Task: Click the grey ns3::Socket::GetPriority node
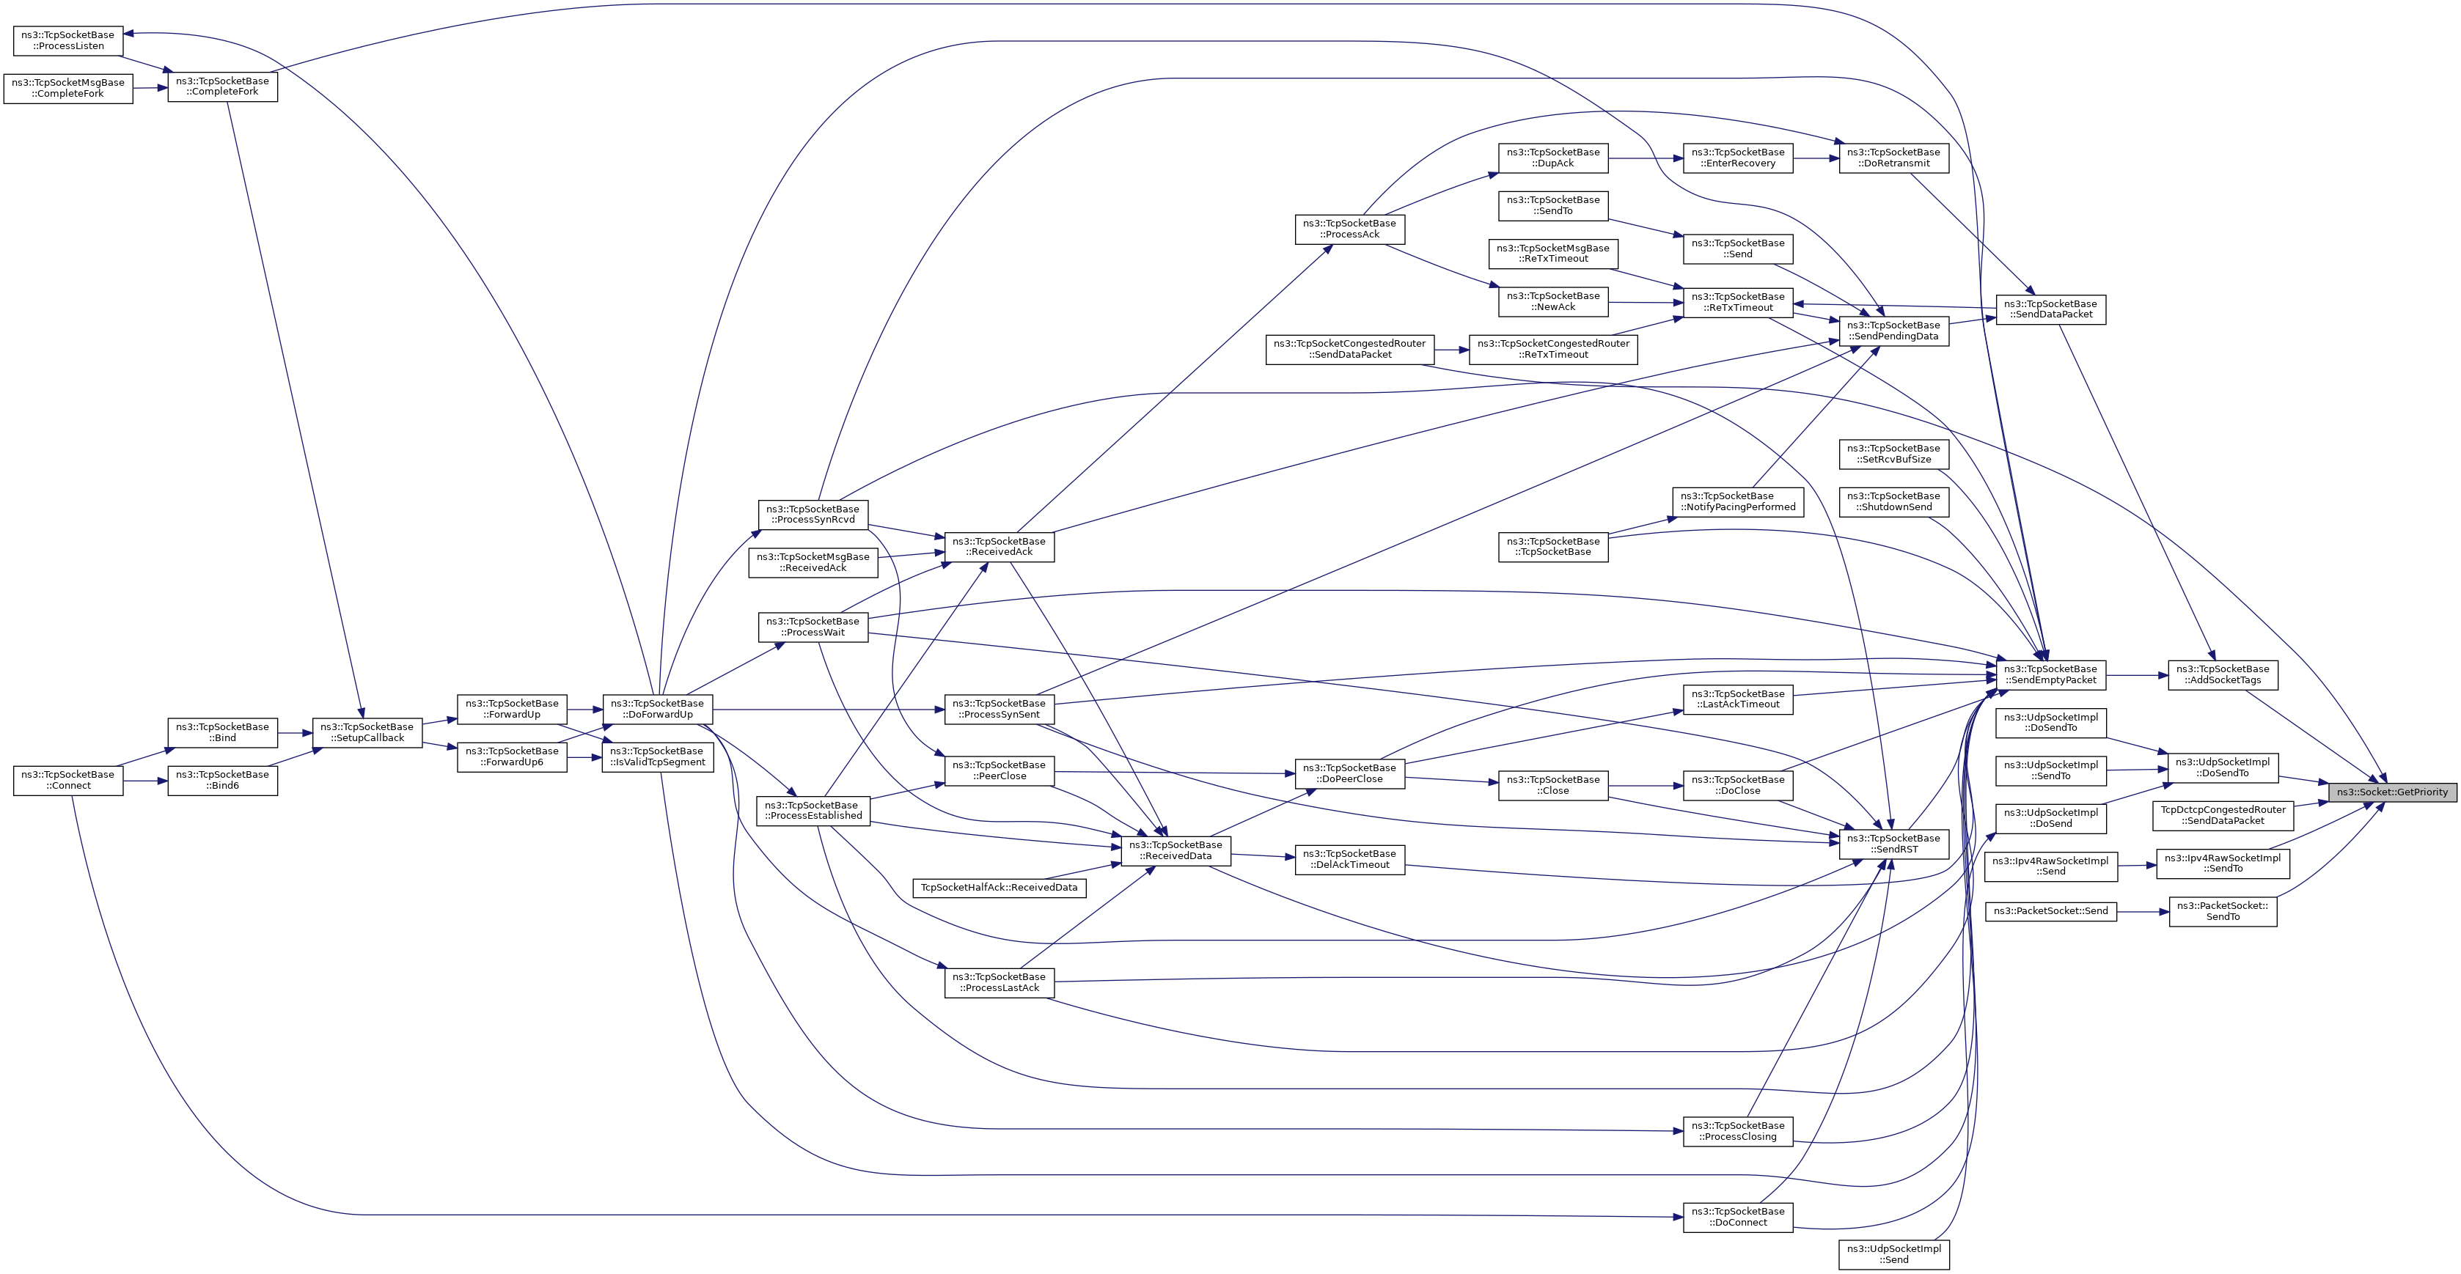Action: tap(2392, 792)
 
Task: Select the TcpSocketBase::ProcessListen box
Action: tap(67, 40)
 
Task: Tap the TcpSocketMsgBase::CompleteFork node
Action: tap(67, 88)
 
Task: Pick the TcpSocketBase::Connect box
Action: tap(67, 780)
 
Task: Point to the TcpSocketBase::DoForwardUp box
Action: tap(657, 709)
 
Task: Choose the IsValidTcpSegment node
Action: tap(657, 756)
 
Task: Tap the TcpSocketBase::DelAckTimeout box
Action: tap(1349, 858)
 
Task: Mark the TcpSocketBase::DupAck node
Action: tap(1552, 158)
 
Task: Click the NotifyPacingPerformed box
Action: tap(1738, 501)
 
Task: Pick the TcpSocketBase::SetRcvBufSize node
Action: tap(1893, 454)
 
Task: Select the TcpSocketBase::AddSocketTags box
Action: tap(2222, 674)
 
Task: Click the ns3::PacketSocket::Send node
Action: tap(2050, 911)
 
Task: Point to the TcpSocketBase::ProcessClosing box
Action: tap(1738, 1131)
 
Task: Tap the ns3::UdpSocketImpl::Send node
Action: tap(1893, 1254)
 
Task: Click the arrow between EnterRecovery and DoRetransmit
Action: tap(1816, 158)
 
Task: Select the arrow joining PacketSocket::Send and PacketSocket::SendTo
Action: tap(2142, 911)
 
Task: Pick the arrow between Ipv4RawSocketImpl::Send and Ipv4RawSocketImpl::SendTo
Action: tap(2137, 865)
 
